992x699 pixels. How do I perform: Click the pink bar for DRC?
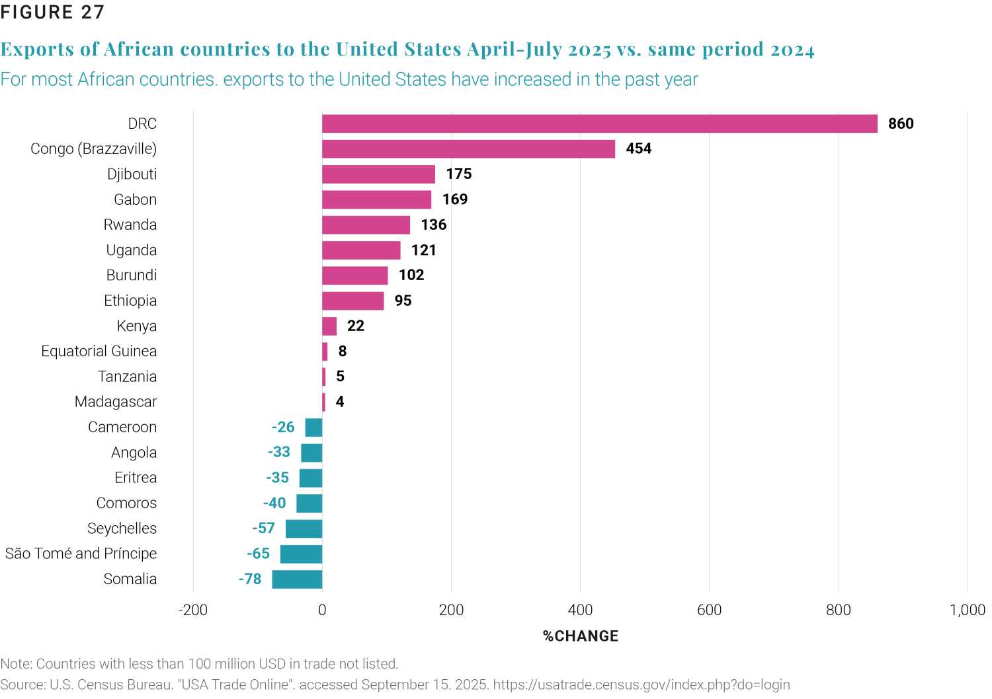click(599, 124)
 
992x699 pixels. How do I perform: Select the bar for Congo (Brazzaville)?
click(468, 149)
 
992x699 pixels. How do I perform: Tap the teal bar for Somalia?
click(297, 579)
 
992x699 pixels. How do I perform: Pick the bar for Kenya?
click(329, 326)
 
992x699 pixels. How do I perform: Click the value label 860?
click(901, 124)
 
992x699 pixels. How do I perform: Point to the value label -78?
click(250, 579)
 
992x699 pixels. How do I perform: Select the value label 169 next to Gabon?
click(455, 200)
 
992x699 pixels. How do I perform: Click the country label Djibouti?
click(132, 174)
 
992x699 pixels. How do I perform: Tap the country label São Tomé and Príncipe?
click(81, 554)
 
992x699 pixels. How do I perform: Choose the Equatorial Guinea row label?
click(99, 351)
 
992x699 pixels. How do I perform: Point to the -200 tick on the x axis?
click(193, 610)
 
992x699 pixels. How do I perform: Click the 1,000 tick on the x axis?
click(968, 610)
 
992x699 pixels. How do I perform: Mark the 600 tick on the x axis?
click(709, 610)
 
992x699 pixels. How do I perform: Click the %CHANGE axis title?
click(581, 636)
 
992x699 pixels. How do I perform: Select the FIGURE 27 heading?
click(52, 13)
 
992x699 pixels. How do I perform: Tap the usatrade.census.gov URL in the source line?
click(641, 684)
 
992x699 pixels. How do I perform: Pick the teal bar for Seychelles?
click(304, 529)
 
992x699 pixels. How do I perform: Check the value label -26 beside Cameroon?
click(283, 427)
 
